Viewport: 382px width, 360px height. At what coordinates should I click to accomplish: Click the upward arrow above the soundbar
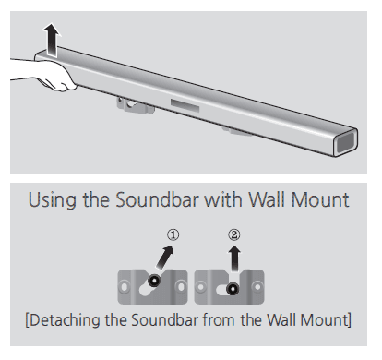pos(52,40)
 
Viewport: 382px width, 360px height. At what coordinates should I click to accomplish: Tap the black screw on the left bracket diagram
pos(153,279)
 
